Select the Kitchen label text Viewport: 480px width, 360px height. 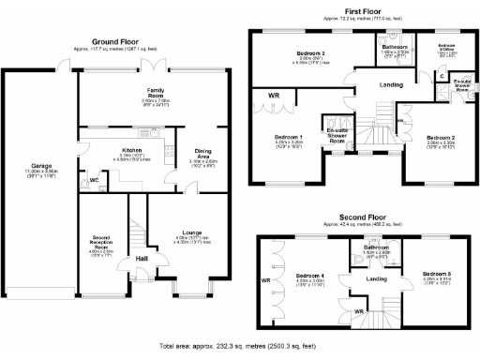[x=130, y=149]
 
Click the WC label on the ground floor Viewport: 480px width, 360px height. [x=94, y=179]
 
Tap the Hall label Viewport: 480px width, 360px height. [x=142, y=257]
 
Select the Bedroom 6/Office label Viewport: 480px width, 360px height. [x=447, y=46]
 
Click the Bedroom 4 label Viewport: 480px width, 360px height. [x=310, y=275]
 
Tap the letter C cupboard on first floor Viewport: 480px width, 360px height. [x=442, y=74]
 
